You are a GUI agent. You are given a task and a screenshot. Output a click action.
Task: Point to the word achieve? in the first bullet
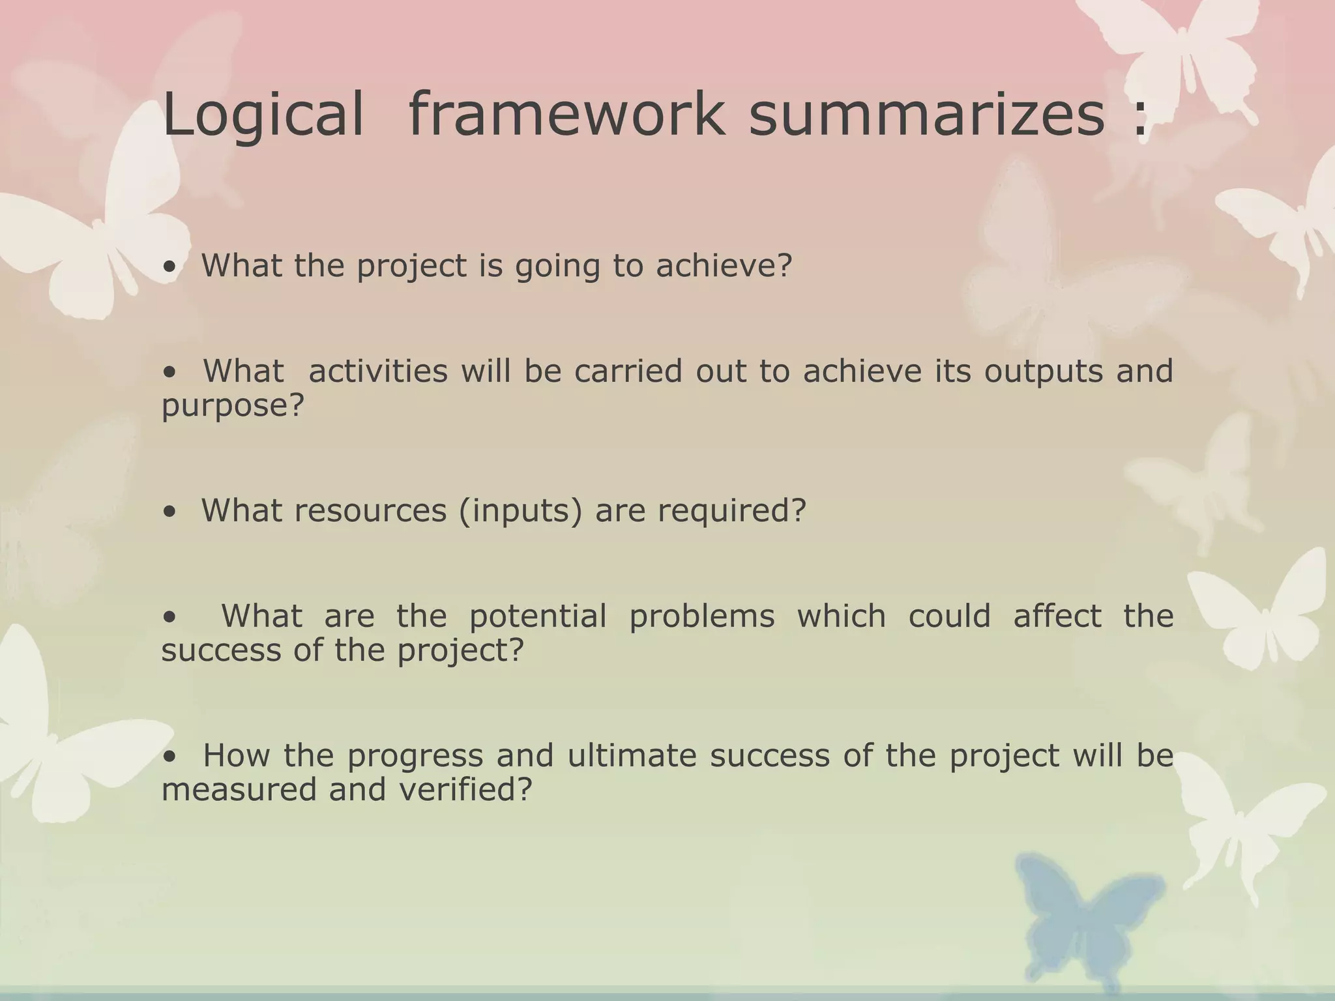pyautogui.click(x=724, y=265)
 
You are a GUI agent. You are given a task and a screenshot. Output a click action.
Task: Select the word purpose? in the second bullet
pyautogui.click(x=233, y=407)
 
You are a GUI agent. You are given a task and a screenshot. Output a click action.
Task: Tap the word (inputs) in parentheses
pyautogui.click(x=520, y=510)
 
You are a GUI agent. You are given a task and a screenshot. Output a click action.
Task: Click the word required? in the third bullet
pyautogui.click(x=731, y=510)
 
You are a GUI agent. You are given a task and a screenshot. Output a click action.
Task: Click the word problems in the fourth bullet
pyautogui.click(x=701, y=617)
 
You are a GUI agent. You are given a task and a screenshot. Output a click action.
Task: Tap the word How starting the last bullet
pyautogui.click(x=236, y=756)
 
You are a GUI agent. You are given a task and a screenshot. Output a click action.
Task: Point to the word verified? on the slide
pyautogui.click(x=465, y=790)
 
